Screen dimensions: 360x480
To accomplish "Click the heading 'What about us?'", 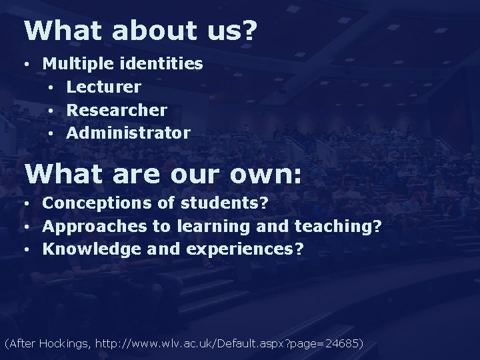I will (x=139, y=31).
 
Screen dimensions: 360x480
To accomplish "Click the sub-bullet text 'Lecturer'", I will (x=103, y=87).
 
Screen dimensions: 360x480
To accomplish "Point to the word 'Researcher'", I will (x=117, y=110).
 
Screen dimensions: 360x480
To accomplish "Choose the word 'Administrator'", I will (x=128, y=133).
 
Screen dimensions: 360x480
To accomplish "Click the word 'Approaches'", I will (x=96, y=226).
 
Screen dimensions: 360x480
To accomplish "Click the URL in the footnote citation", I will (x=227, y=344).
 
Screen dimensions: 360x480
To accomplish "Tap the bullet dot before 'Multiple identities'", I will (x=25, y=65).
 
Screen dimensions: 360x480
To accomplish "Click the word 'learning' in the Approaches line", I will (x=213, y=226).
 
